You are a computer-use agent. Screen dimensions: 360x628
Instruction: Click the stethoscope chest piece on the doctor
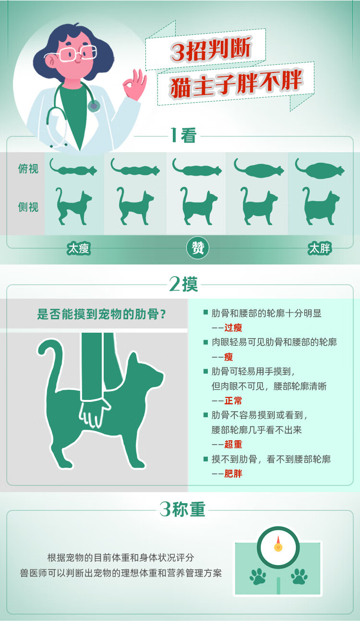pyautogui.click(x=94, y=107)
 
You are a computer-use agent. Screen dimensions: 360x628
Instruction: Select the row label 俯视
pyautogui.click(x=28, y=169)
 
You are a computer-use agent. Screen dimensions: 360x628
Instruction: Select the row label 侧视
pyautogui.click(x=28, y=207)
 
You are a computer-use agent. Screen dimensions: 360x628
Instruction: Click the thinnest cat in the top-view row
pyautogui.click(x=73, y=168)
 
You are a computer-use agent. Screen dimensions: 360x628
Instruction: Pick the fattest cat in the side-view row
pyautogui.click(x=321, y=206)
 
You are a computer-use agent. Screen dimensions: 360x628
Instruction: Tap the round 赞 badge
pyautogui.click(x=198, y=248)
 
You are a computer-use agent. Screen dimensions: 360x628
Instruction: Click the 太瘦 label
pyautogui.click(x=79, y=248)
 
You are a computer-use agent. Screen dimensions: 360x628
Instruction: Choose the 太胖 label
pyautogui.click(x=319, y=248)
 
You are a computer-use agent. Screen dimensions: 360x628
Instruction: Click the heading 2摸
pyautogui.click(x=183, y=284)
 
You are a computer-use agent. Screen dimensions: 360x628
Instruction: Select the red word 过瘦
pyautogui.click(x=233, y=327)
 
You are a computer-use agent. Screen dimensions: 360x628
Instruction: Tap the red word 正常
pyautogui.click(x=233, y=400)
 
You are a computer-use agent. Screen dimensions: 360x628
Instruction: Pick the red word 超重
pyautogui.click(x=233, y=445)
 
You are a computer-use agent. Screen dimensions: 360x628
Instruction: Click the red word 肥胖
pyautogui.click(x=233, y=474)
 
